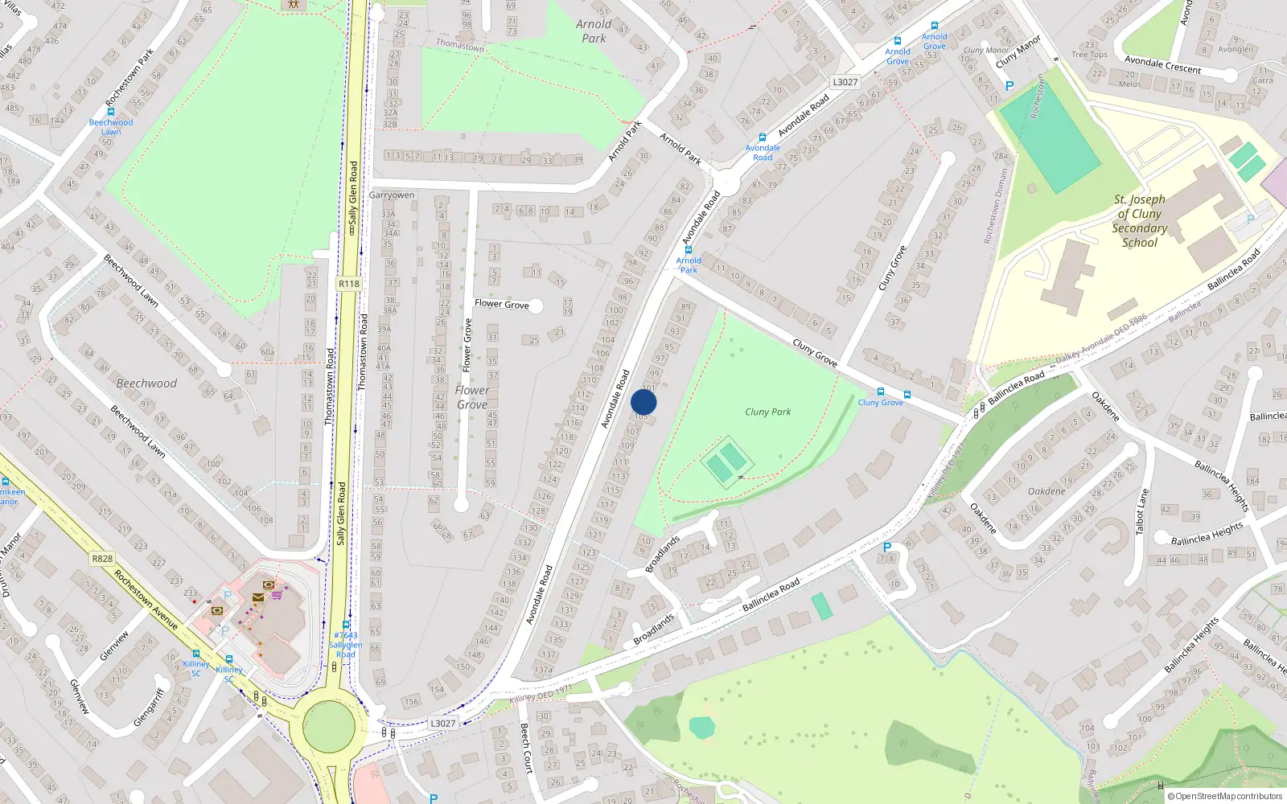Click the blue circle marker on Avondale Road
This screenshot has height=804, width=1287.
click(x=643, y=402)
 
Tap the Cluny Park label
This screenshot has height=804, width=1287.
click(x=767, y=412)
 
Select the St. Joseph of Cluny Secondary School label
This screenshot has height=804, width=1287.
click(x=1139, y=221)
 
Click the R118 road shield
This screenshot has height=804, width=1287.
click(x=349, y=284)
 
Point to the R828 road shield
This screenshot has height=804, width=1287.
click(x=102, y=559)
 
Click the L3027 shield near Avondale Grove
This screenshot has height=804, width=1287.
click(x=845, y=82)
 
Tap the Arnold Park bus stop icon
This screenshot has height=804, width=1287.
click(x=688, y=250)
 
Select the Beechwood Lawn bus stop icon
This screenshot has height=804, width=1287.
click(x=111, y=112)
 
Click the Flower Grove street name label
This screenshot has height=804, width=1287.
click(x=501, y=304)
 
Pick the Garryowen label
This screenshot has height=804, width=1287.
click(x=392, y=195)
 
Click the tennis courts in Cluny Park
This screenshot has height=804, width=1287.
click(x=726, y=461)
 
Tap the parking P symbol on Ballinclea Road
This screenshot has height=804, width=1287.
click(x=887, y=548)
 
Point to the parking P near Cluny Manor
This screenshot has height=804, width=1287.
click(x=1009, y=85)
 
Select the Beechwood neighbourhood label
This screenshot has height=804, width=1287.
click(x=146, y=384)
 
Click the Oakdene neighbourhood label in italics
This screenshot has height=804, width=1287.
click(x=1046, y=491)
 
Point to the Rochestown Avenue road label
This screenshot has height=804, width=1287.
click(x=146, y=600)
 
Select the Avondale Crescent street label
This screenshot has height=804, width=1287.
click(x=1162, y=64)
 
